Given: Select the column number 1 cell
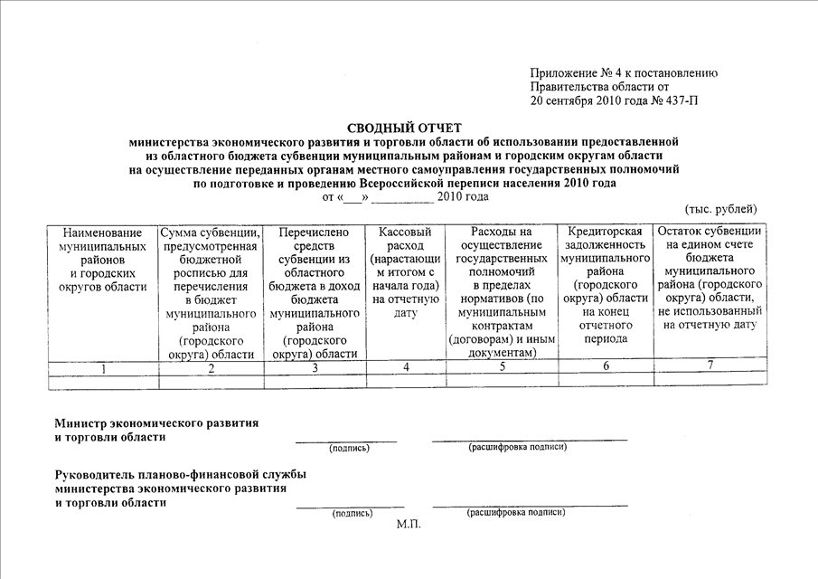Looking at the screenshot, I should [103, 366].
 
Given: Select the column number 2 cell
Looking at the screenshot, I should [210, 366].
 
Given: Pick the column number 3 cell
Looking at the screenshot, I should [315, 366].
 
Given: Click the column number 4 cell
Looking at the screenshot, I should [406, 366].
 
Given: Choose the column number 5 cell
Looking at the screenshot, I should [501, 366].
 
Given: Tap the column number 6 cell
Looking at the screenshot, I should [606, 366].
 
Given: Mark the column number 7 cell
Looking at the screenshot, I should [710, 365].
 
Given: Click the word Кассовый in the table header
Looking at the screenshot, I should [406, 233].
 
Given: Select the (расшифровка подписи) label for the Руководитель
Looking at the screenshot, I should [515, 512].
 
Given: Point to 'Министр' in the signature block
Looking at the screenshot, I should [80, 422].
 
